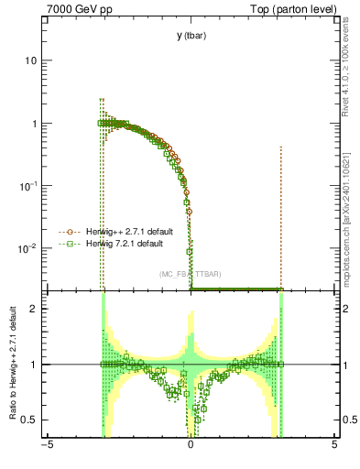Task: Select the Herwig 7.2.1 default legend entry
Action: [x=119, y=244]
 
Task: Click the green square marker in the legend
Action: [x=66, y=244]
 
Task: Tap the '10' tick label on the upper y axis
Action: [x=31, y=60]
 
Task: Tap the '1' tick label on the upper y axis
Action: [x=34, y=124]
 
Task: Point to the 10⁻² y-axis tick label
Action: [x=28, y=248]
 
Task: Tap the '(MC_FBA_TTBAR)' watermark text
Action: [x=190, y=274]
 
